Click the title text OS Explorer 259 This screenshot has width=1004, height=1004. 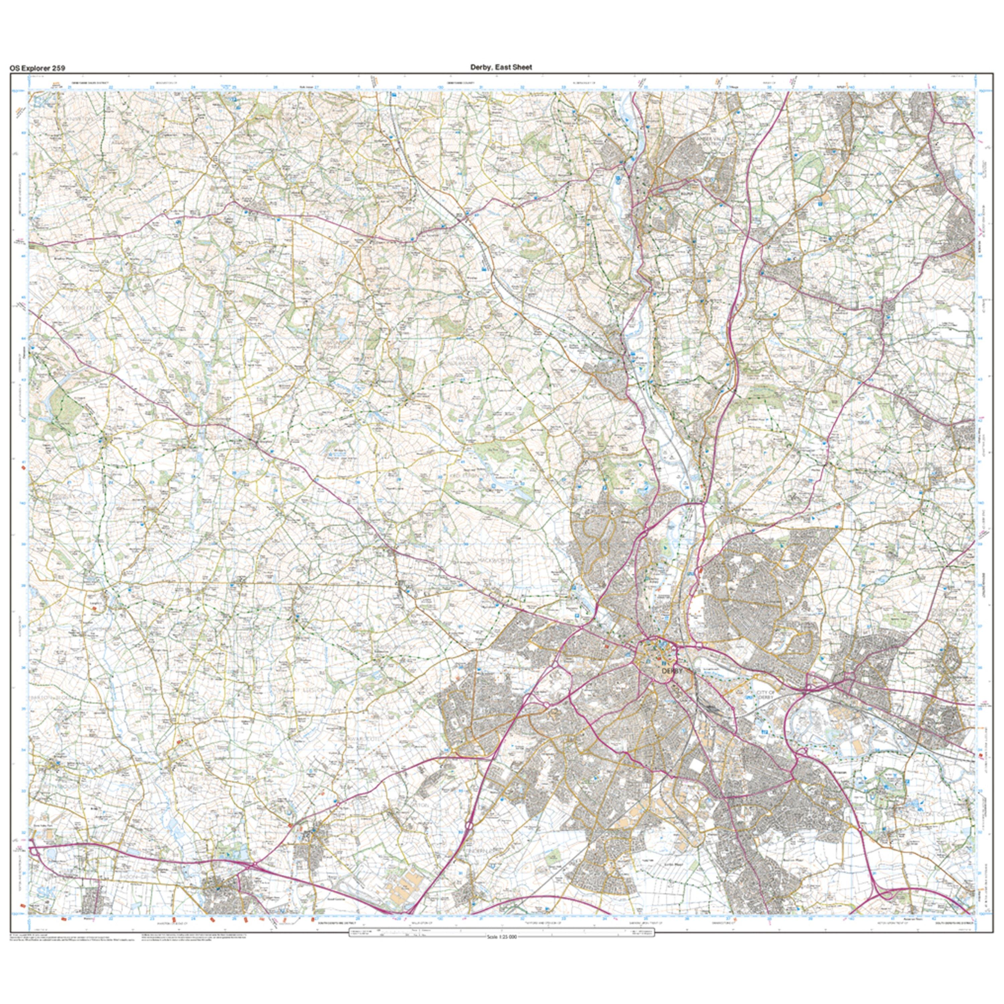(x=37, y=68)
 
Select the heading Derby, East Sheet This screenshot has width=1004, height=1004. (x=501, y=67)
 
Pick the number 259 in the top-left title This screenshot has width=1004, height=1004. (x=58, y=68)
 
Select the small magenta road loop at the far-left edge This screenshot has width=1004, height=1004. (x=32, y=850)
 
